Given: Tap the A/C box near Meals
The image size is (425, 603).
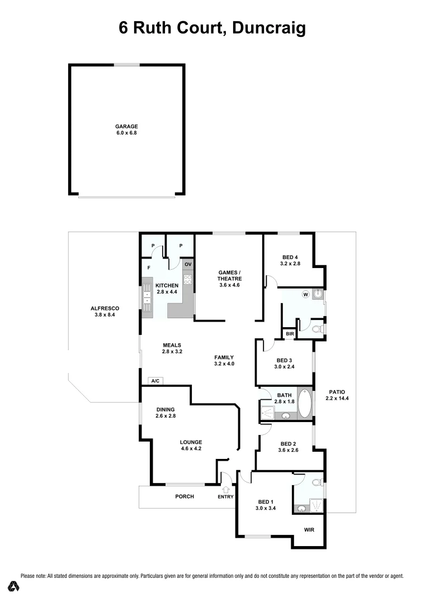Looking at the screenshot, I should coord(155,381).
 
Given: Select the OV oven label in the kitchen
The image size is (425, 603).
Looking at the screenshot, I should coord(188,264).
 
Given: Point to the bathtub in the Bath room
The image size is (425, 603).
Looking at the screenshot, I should coord(305,404).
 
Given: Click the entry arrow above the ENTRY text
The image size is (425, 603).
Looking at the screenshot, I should coord(226,489).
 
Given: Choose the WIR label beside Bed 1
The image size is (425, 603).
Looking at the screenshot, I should coord(310,529).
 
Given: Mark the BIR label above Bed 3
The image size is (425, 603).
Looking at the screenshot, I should coord(289,334).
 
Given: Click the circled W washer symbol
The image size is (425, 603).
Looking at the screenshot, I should coord(305,294).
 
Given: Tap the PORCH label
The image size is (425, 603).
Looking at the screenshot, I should coord(185,496).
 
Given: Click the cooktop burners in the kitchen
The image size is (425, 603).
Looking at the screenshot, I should coord(188,281).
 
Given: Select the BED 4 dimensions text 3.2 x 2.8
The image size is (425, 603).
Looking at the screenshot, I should coord(291,264).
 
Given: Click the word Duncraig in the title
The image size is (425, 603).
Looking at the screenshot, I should coord(267,28).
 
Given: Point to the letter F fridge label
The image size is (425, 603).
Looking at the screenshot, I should coord(149,268).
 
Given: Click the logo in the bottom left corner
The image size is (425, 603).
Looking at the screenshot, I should coord(15,586).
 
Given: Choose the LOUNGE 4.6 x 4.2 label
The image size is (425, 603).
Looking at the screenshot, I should coord(191,446).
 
